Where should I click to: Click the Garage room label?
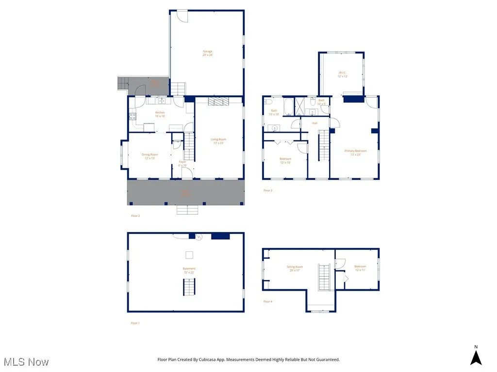click(208, 53)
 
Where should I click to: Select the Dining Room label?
click(149, 156)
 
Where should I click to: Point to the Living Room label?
click(218, 141)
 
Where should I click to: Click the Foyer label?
click(182, 163)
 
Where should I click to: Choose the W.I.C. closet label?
click(343, 75)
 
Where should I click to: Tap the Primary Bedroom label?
click(355, 152)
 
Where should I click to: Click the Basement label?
click(189, 270)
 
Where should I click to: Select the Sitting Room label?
click(295, 268)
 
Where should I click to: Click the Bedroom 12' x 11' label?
click(360, 268)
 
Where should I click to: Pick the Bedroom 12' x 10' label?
click(285, 160)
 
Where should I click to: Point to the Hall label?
click(315, 123)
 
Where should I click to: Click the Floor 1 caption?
click(135, 323)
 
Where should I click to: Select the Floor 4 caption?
click(268, 301)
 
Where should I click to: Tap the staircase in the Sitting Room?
click(324, 277)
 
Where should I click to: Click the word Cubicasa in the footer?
click(222, 359)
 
